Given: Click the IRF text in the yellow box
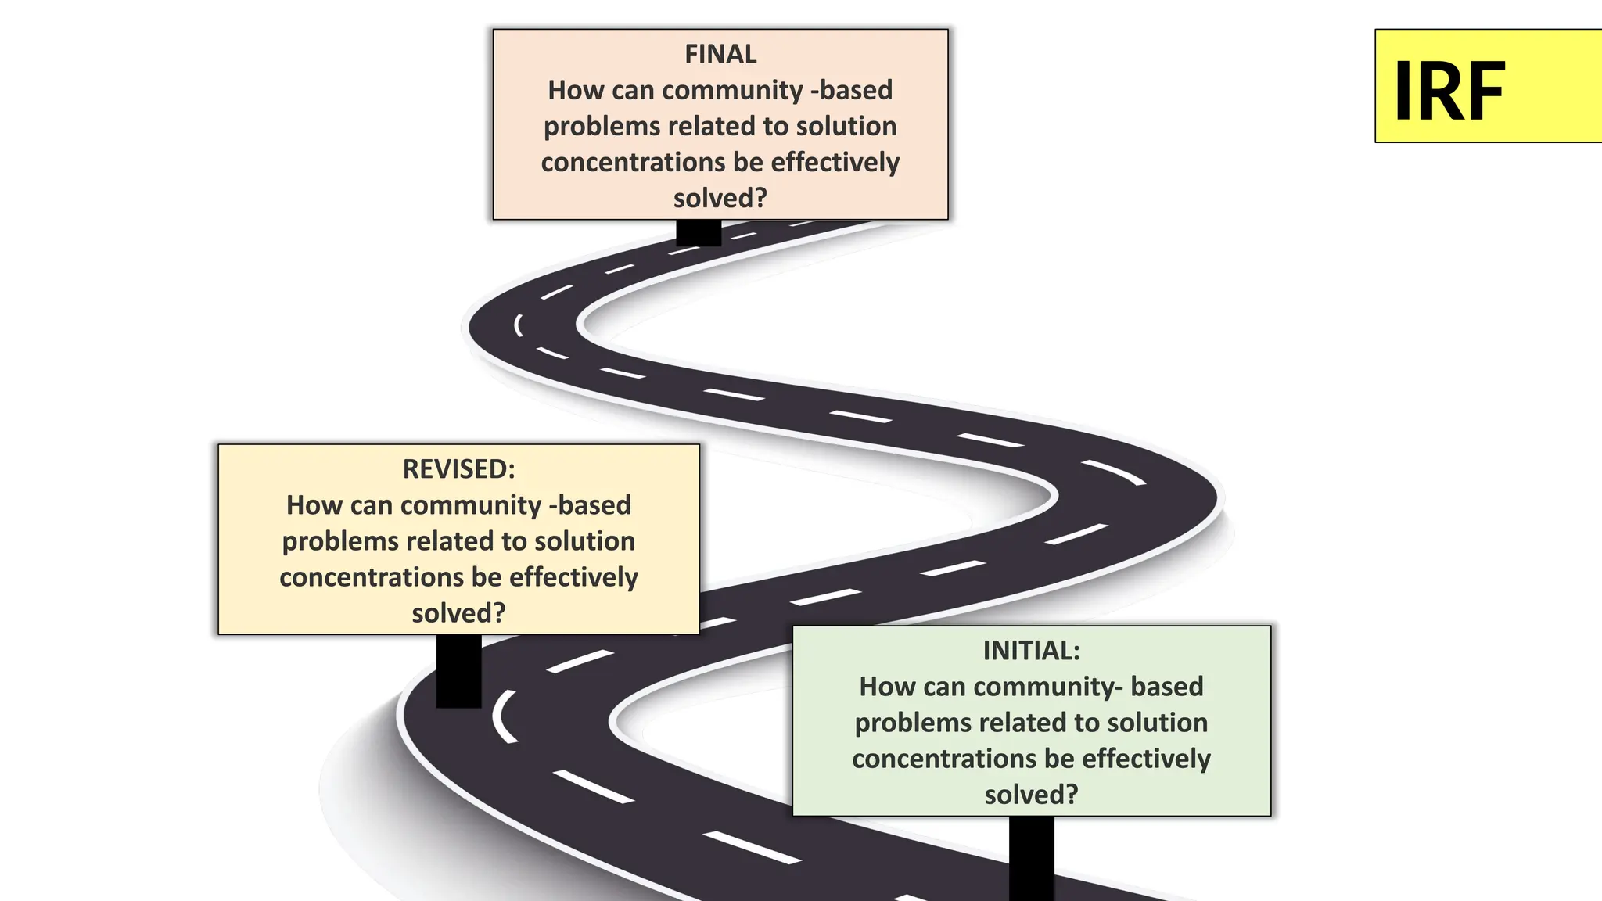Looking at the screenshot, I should coord(1449,92).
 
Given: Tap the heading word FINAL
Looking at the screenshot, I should coord(720,54).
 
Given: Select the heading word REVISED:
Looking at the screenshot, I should coord(458,469).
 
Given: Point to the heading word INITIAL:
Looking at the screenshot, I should coord(1031,651).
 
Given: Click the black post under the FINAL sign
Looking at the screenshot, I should coord(699,233).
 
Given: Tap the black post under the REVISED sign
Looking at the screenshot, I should coord(458,671).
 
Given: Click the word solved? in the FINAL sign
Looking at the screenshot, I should coord(720,198).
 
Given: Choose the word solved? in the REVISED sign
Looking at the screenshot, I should coord(458,613).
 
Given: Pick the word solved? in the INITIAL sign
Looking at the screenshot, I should coord(1031,795).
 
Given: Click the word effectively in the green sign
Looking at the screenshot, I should coord(1146,759).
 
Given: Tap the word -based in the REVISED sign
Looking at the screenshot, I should coord(590,505).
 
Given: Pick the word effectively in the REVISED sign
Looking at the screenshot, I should coord(573,577).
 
